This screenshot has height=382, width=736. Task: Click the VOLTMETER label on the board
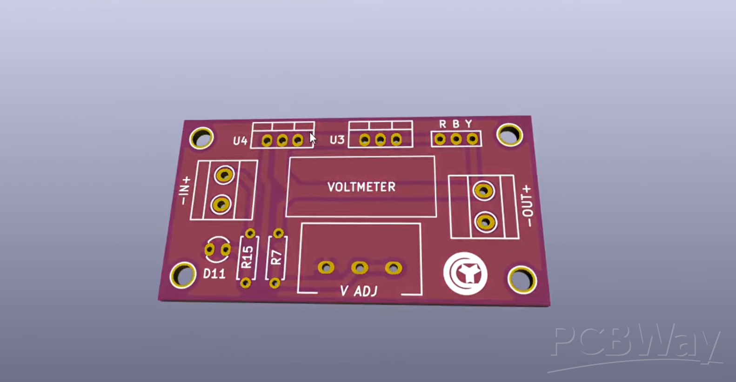pos(361,187)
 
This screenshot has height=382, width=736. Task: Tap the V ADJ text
pos(359,291)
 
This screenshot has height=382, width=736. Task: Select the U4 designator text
pos(240,141)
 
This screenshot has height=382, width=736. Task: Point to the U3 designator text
pos(337,140)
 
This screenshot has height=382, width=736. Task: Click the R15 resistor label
pos(247,257)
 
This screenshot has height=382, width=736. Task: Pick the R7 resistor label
pos(276,257)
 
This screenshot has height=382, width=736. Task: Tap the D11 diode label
pos(214,274)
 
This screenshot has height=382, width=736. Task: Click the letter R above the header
pos(442,124)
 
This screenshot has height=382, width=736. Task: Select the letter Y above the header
pos(468,124)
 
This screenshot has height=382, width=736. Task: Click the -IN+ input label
pos(185,191)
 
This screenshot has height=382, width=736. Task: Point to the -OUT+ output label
pos(527,206)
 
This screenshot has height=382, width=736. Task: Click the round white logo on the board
pos(465,274)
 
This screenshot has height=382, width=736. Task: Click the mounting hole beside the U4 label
pos(202,138)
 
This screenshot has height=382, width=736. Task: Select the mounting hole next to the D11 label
pos(183,275)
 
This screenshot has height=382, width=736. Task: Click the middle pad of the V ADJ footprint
pos(360,268)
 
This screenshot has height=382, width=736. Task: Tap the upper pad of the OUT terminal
pos(483,191)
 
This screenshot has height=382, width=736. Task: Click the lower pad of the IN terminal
pos(221,204)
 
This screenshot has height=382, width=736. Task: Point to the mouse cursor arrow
pos(313,138)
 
